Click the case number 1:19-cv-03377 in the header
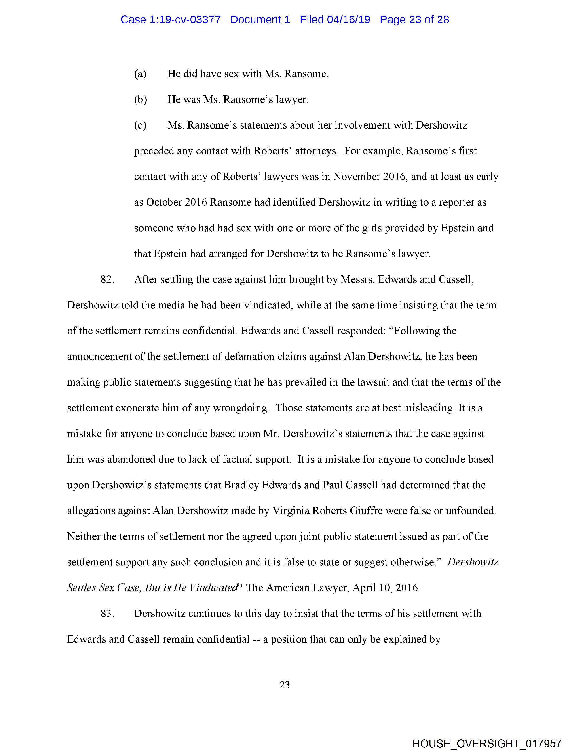[185, 20]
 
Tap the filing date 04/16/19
[348, 20]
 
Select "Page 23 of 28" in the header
[414, 20]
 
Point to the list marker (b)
[140, 100]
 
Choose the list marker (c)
[140, 125]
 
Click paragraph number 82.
[107, 279]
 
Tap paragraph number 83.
[107, 614]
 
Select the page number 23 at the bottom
[285, 685]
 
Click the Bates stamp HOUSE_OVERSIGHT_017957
[487, 743]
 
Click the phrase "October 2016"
[176, 202]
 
